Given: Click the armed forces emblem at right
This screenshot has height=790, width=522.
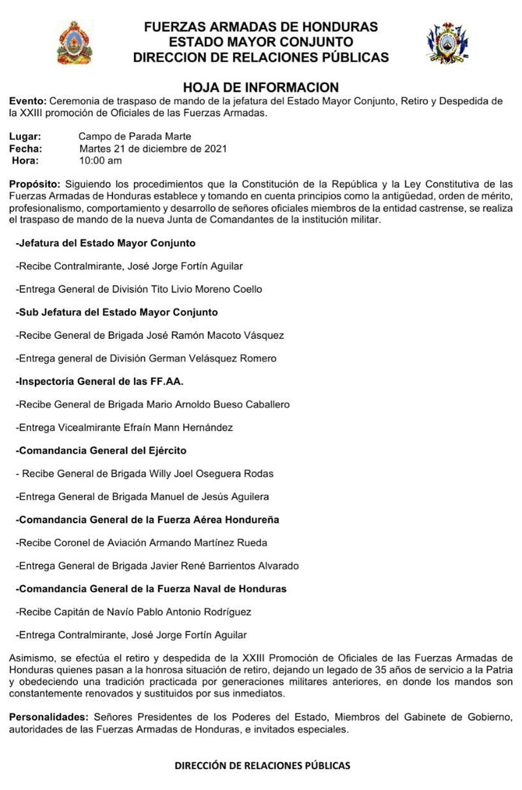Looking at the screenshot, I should pyautogui.click(x=447, y=43).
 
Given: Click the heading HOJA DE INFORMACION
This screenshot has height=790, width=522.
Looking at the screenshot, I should pyautogui.click(x=260, y=88).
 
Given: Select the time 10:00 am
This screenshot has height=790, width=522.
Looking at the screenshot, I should pyautogui.click(x=100, y=161).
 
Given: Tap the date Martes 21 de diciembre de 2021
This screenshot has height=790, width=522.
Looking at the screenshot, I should pyautogui.click(x=153, y=148).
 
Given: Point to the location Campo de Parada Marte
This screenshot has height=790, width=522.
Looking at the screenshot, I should pyautogui.click(x=135, y=137).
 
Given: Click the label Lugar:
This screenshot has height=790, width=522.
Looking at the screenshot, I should pyautogui.click(x=25, y=137).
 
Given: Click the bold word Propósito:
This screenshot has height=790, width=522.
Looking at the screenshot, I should pyautogui.click(x=34, y=184).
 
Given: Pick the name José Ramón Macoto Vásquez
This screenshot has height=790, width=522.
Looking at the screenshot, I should pyautogui.click(x=223, y=335).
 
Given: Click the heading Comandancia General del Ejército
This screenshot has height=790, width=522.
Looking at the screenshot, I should pyautogui.click(x=101, y=451).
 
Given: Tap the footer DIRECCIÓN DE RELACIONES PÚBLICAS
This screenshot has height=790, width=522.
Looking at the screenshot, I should pyautogui.click(x=262, y=766).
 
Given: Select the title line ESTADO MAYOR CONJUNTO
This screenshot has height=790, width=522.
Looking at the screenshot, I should pyautogui.click(x=260, y=42).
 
